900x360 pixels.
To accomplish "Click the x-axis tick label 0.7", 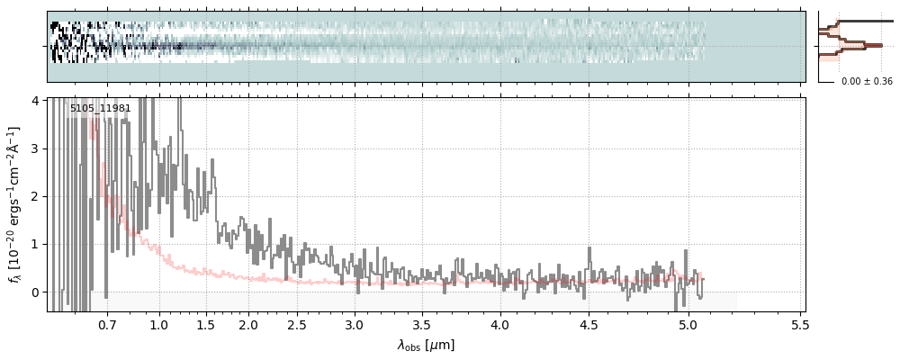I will [x=107, y=324].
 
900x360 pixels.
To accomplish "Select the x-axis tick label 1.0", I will [x=159, y=324].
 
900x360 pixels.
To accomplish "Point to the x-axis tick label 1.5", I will [x=205, y=324].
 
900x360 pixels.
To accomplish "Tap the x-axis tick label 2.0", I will [x=248, y=324].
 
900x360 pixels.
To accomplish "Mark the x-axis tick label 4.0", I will [x=499, y=324].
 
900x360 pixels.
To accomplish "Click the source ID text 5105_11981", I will [x=101, y=109].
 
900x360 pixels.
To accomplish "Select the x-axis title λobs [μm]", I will [x=426, y=345].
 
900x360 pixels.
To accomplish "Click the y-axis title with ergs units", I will [x=15, y=204].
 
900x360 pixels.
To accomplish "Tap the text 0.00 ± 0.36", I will [x=867, y=82].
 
